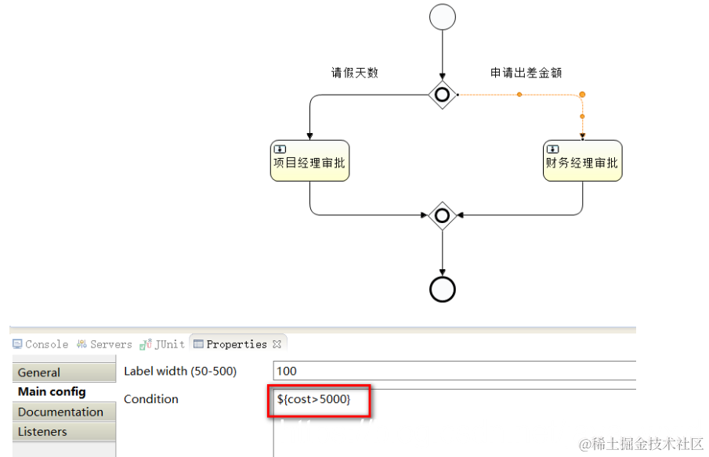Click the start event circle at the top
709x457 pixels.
tap(443, 17)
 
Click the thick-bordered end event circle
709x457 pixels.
tap(443, 290)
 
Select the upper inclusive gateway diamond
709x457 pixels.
tap(443, 95)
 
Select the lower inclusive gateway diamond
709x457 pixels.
tap(443, 214)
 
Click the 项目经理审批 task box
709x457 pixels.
tap(309, 161)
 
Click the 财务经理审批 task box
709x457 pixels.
tap(582, 161)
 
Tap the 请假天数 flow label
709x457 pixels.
tap(354, 73)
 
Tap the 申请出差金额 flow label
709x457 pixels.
tap(526, 73)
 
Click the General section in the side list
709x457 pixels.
tap(39, 372)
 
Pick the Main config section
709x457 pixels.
tap(52, 392)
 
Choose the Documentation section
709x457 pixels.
tap(60, 412)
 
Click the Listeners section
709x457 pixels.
tap(42, 431)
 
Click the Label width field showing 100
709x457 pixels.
tap(454, 371)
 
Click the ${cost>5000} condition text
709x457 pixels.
tap(313, 400)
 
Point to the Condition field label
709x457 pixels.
tap(151, 399)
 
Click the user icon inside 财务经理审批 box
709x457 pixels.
tap(553, 149)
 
